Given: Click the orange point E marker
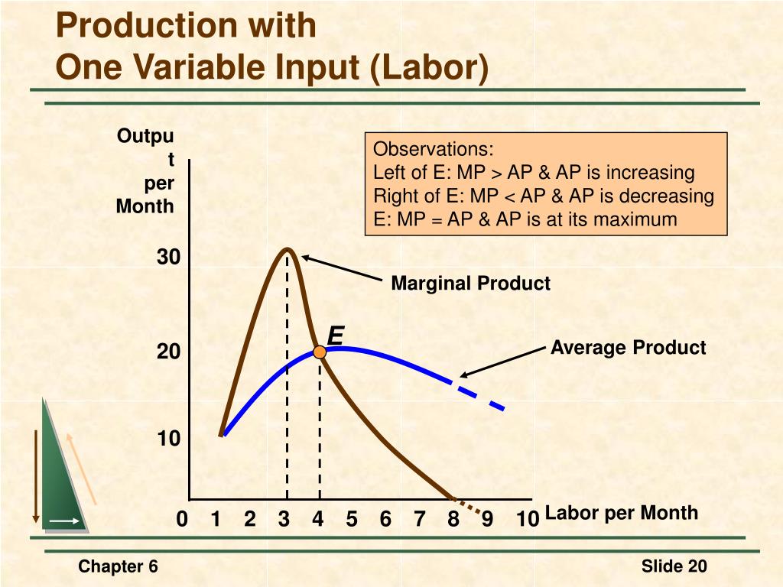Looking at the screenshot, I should pyautogui.click(x=320, y=352).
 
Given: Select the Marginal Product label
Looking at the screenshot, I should pyautogui.click(x=470, y=284).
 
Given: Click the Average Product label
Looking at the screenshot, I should pyautogui.click(x=628, y=348).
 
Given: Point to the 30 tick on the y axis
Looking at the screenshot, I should pyautogui.click(x=169, y=258).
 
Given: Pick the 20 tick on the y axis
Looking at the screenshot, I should pyautogui.click(x=169, y=352).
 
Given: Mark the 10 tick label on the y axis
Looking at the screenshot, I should pyautogui.click(x=169, y=439).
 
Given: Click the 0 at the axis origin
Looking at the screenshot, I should pyautogui.click(x=182, y=520).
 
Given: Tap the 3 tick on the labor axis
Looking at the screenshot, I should pyautogui.click(x=284, y=520).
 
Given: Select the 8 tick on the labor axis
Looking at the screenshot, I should pyautogui.click(x=453, y=520).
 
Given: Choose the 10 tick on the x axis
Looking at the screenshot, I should pyautogui.click(x=527, y=520).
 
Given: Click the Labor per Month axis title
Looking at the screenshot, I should pyautogui.click(x=622, y=512).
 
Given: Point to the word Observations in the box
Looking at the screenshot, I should pyautogui.click(x=434, y=148).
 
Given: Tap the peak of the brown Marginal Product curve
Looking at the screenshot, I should pyautogui.click(x=288, y=249).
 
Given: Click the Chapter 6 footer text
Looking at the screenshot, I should pyautogui.click(x=119, y=566).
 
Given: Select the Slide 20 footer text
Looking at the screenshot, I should pyautogui.click(x=674, y=566).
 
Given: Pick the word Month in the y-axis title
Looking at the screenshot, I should pyautogui.click(x=145, y=206).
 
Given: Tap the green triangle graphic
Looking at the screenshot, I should pyautogui.click(x=61, y=474).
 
